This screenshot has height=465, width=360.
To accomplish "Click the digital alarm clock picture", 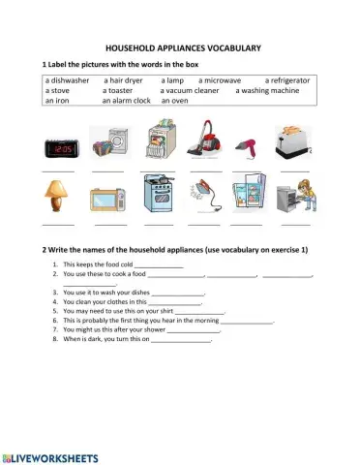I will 59,149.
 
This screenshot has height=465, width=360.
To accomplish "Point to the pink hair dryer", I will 249,147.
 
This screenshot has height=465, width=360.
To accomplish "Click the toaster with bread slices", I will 293,144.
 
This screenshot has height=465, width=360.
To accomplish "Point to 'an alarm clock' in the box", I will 128,99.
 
